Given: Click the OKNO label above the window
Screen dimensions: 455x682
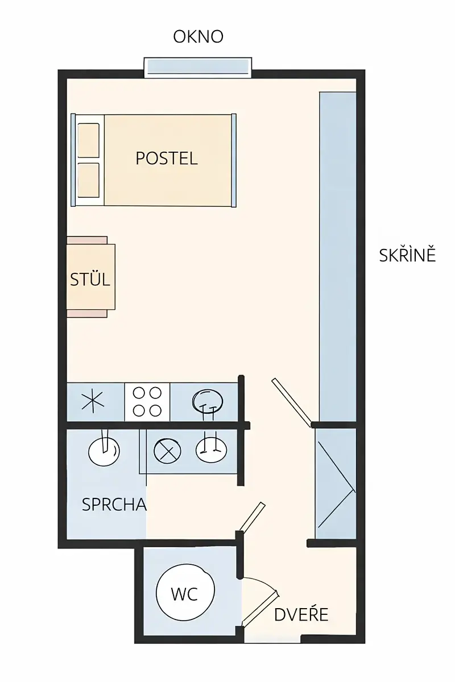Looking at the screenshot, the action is coord(198,36).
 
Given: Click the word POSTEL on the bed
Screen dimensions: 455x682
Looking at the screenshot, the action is coord(167,159).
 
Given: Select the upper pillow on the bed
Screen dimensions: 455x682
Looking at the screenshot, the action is coord(88,140).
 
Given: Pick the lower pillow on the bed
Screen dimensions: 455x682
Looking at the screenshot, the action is coord(88,180).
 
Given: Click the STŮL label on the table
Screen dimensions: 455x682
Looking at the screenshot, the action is coord(90,279).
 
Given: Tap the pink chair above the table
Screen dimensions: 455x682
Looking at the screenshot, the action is coord(87,240).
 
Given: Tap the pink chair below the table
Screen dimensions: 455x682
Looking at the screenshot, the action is coord(87,314).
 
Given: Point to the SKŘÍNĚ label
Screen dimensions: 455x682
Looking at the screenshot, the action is coord(407,255).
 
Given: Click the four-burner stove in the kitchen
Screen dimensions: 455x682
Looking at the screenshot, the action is coord(147,402).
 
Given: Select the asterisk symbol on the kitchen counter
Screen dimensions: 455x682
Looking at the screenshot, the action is coord(93,402).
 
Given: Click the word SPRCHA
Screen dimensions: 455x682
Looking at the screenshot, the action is coord(114,505).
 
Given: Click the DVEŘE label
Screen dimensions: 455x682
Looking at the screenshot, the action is coord(301,614).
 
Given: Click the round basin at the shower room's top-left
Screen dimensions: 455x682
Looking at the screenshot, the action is coord(104,451).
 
